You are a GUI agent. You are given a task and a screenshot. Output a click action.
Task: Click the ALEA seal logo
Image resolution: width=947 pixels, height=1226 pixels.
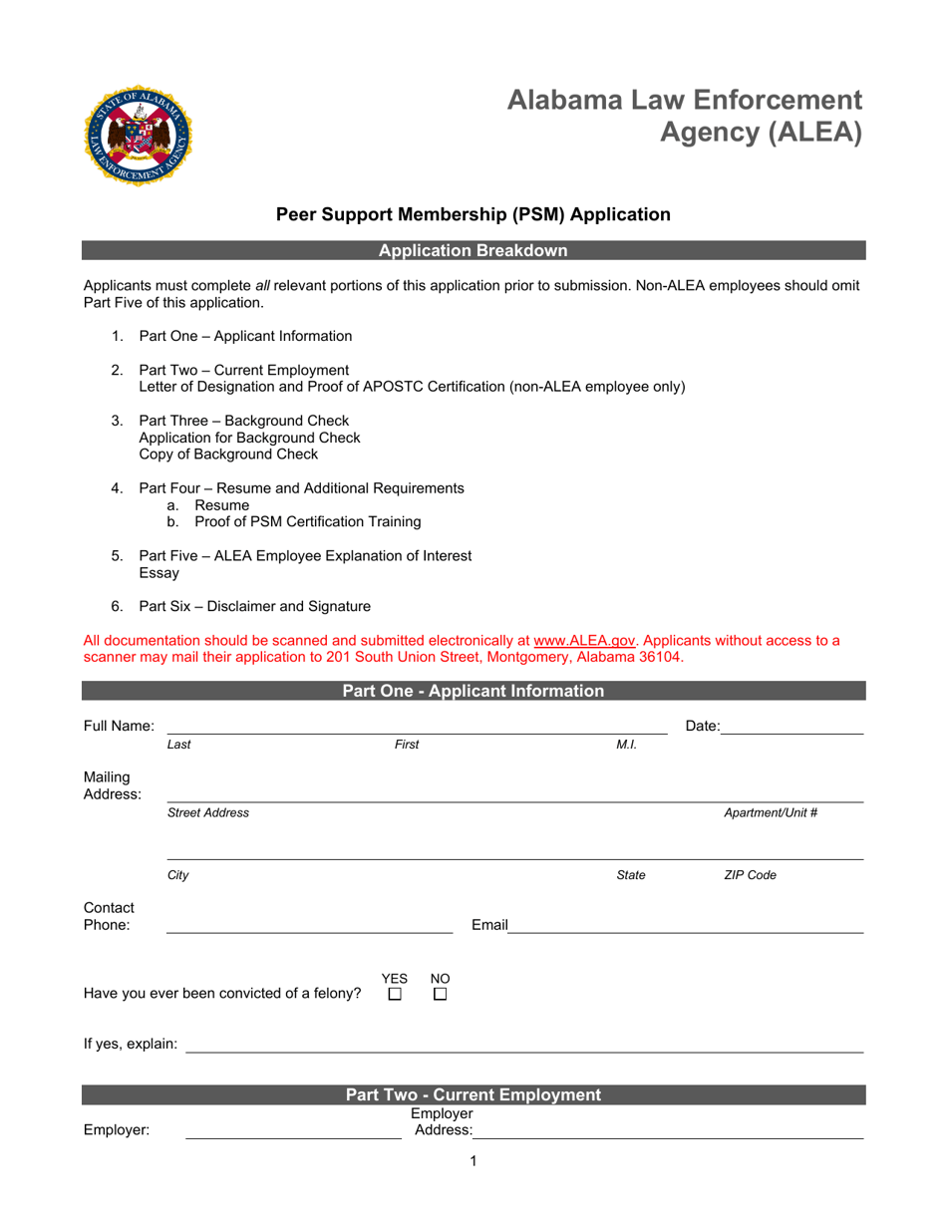coord(139,136)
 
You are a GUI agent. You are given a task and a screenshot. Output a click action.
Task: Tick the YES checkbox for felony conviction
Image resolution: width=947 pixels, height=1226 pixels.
coord(395,995)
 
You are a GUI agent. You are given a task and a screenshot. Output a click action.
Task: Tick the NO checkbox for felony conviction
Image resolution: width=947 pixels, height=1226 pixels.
coord(440,995)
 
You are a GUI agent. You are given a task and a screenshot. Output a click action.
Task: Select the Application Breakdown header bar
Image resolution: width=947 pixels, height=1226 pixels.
coord(473,251)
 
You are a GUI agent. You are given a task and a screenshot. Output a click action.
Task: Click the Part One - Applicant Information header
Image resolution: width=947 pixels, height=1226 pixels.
coord(473,691)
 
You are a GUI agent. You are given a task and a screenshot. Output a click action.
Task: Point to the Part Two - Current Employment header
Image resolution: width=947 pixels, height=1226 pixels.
coord(473,1095)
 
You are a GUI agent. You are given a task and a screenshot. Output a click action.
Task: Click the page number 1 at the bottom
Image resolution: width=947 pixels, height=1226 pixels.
coord(473,1161)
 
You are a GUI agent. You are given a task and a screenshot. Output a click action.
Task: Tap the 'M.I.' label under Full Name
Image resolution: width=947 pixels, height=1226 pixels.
coord(627,745)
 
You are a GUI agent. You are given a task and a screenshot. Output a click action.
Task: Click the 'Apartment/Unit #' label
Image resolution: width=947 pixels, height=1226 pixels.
coord(771,812)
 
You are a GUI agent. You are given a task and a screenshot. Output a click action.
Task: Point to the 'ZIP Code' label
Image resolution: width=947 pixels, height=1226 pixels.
coord(750,876)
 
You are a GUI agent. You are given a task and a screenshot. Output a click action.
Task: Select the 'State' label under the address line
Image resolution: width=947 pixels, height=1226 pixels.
coord(631,876)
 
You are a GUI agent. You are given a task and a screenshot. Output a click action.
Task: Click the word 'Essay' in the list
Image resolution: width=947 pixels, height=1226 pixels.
coord(159,573)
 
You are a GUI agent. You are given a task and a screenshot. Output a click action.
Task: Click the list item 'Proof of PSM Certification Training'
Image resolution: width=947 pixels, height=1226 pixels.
coord(308,521)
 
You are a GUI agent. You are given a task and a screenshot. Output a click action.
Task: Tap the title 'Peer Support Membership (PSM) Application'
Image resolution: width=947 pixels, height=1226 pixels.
coord(473,214)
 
